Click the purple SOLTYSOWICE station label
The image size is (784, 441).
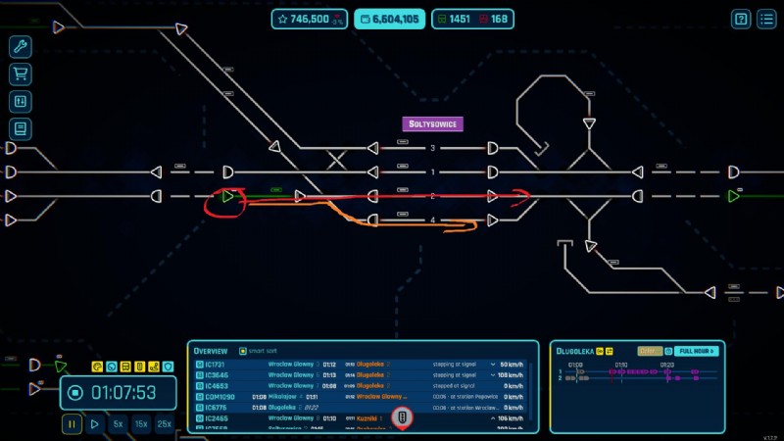[x=433, y=124]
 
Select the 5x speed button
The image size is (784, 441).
[x=118, y=424]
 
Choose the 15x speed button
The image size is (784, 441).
[x=141, y=424]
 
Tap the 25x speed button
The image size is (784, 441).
[x=165, y=424]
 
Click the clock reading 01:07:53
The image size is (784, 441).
[x=123, y=393]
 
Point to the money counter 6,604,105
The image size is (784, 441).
[x=390, y=19]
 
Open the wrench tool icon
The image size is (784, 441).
[x=20, y=47]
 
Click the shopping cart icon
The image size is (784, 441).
[x=20, y=74]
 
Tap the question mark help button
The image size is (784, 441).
[x=741, y=19]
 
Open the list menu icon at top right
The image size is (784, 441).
[x=766, y=19]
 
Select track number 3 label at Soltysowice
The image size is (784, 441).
[x=432, y=148]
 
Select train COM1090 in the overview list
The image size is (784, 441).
[x=220, y=397]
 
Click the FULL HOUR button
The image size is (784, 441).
[x=697, y=351]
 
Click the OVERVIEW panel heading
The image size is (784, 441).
[x=211, y=351]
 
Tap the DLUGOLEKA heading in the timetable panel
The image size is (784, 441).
[x=577, y=351]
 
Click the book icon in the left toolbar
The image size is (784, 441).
[x=20, y=128]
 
